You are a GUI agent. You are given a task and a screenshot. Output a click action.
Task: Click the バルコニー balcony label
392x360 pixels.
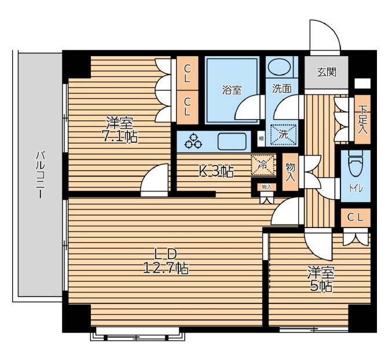pos(40,175)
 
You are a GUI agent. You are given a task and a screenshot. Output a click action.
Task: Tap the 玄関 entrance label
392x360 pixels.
pos(327,72)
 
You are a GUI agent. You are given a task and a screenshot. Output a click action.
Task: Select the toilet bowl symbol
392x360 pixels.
pos(356,163)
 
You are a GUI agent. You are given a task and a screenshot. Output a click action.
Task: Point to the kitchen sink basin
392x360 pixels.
pos(232,141)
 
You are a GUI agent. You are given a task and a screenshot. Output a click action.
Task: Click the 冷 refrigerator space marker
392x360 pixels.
pos(262,165)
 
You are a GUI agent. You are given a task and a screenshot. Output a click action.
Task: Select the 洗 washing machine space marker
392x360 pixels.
pos(283,135)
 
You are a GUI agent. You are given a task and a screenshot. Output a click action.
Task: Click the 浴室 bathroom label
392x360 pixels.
pos(232,90)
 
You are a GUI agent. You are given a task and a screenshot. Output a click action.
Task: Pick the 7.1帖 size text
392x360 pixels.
pos(119,136)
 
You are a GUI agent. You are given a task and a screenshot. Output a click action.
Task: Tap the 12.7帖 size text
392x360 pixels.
pos(166,268)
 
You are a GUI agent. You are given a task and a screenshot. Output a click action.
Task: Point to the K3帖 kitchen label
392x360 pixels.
pos(216,171)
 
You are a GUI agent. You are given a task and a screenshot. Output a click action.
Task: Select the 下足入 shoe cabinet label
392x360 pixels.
pos(362,119)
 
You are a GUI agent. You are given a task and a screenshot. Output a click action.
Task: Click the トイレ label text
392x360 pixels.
pos(356,189)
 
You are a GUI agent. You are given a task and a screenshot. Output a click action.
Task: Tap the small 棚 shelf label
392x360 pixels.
pos(261,139)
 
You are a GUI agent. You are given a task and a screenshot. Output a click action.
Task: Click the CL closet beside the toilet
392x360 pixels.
pos(356,218)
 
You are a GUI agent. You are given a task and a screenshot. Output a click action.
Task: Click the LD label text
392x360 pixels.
pos(166,254)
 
